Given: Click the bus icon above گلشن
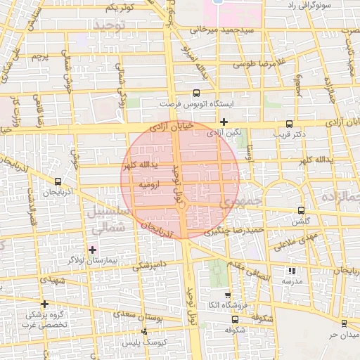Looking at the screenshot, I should (302, 210).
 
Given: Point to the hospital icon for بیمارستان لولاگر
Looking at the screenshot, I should (92, 249).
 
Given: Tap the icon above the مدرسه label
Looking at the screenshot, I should (292, 271).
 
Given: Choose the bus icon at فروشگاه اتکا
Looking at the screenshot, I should (226, 296).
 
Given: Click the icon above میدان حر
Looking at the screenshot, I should (343, 323).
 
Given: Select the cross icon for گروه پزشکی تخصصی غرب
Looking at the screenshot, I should (44, 304).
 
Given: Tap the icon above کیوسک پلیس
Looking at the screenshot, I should (145, 330).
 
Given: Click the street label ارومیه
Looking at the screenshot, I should (151, 184).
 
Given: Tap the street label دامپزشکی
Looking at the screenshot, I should (149, 265).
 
